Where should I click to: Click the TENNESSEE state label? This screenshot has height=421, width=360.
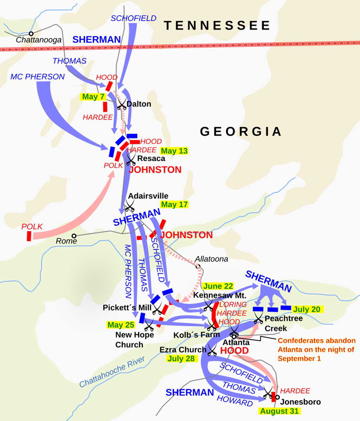point(217,26)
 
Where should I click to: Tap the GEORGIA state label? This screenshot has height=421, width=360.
point(241,131)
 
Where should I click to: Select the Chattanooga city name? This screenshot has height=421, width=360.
point(39,40)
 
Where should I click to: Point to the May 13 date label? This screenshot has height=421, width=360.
point(174,151)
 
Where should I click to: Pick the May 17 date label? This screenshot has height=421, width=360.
point(174,205)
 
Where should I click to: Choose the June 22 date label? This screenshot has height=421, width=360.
point(218,286)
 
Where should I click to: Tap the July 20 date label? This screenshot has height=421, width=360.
point(307,309)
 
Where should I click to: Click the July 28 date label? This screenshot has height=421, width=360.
point(181,359)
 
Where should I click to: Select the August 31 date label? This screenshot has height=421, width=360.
point(279,411)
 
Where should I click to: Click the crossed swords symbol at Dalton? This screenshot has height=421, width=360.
point(121,103)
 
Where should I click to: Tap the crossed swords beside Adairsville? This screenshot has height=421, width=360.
point(130,205)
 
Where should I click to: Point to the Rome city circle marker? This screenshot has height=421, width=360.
point(74,236)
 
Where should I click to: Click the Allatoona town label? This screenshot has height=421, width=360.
point(211,259)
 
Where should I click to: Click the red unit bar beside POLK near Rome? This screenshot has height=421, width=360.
point(29,236)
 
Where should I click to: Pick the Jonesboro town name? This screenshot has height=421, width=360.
point(300,402)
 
